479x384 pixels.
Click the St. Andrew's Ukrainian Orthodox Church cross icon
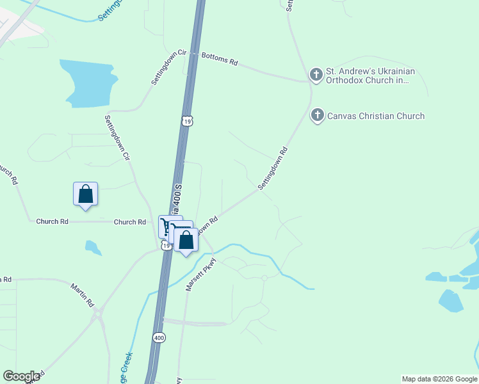[316, 76]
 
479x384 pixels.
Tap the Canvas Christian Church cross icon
[317, 116]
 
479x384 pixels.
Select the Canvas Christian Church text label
[376, 116]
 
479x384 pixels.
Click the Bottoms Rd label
[220, 60]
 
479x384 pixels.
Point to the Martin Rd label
[83, 294]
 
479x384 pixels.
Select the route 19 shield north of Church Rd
[186, 121]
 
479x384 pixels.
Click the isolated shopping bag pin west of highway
[85, 194]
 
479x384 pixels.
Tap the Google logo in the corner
[21, 376]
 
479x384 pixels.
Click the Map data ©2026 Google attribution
[440, 379]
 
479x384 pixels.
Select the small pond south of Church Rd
[93, 247]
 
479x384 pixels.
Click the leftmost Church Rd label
[52, 221]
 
